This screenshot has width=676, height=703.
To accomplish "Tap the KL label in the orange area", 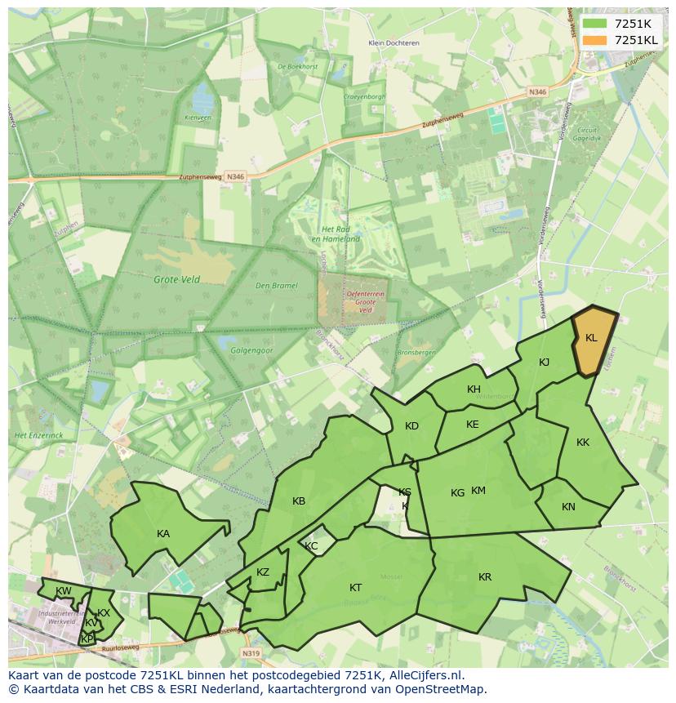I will [591, 338].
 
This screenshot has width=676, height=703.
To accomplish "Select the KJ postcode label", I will [544, 363].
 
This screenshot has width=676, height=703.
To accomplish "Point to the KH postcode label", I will [474, 389].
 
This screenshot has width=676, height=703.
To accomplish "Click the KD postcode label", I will [411, 426].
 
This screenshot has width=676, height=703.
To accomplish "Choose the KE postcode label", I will [472, 425].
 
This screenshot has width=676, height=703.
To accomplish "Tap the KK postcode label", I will [582, 443].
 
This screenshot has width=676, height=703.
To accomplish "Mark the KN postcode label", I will [568, 507].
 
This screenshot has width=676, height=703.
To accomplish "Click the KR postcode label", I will [485, 577].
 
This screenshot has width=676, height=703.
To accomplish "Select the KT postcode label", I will [355, 588].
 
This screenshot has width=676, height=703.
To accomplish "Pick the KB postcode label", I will [299, 501].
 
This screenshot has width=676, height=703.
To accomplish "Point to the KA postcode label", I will [163, 534].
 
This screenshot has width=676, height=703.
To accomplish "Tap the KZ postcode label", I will [262, 572].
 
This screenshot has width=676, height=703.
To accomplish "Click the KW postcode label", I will [63, 591].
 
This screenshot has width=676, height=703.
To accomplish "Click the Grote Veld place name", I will [177, 279].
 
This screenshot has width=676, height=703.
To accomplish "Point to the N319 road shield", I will [251, 653].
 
